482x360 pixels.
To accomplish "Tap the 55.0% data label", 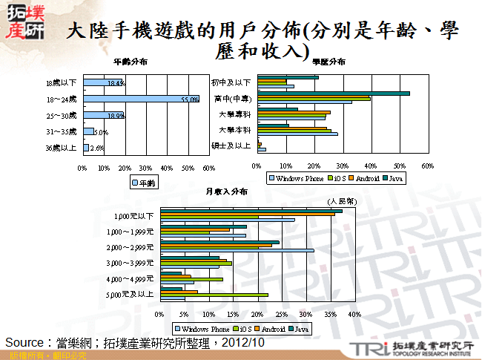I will pos(190,99).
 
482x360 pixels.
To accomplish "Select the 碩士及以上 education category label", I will pos(231,145).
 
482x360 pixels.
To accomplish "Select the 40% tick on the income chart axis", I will pos(354,315).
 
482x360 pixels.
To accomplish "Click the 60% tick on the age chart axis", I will pos(208,167).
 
